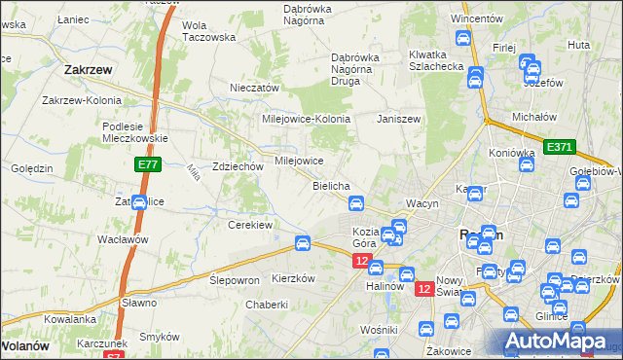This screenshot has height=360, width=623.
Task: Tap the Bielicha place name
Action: coord(331,185)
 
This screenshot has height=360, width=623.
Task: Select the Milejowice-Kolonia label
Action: coord(306,119)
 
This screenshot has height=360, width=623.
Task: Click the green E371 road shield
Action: coord(559,147)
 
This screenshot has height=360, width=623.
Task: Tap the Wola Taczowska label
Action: coord(209,31)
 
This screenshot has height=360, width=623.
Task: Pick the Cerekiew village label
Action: coord(249,224)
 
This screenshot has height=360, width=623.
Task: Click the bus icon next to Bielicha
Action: coord(356,203)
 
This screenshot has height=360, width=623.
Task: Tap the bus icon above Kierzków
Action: coord(303,242)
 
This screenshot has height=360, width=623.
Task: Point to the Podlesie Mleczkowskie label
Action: coord(135,131)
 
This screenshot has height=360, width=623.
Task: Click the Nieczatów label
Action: coord(254,88)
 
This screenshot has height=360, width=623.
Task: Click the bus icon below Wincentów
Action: coord(463,38)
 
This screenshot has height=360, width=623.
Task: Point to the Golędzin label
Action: coord(32,168)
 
